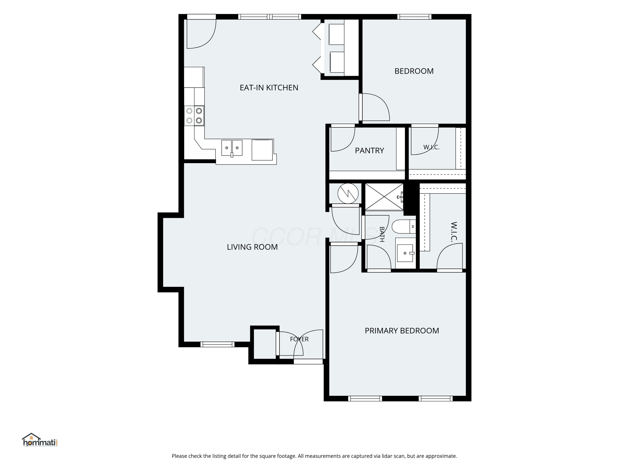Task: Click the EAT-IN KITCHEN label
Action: tap(269, 88)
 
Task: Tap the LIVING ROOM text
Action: tap(252, 247)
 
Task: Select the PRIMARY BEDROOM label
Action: tap(402, 331)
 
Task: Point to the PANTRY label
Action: tap(369, 150)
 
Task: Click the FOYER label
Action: tap(299, 339)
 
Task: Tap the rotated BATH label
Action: tap(382, 235)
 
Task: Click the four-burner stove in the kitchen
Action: tap(194, 116)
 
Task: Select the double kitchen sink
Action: tap(232, 148)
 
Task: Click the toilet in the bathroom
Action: tap(404, 227)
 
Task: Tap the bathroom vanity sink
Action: tap(405, 253)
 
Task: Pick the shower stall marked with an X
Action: tap(384, 197)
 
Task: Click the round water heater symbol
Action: tap(348, 193)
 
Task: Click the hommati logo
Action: tap(40, 440)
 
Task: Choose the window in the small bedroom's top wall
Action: tap(414, 17)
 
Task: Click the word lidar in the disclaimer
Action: tap(387, 456)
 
